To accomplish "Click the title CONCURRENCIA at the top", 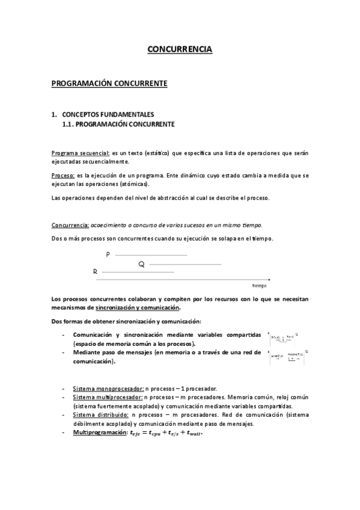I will click(180, 51).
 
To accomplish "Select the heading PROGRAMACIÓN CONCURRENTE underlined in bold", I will click(109, 84).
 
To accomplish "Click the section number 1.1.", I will click(69, 124).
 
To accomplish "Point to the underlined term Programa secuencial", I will click(81, 153).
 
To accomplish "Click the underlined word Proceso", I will click(63, 175).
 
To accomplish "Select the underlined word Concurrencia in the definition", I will click(70, 225).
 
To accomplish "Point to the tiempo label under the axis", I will click(259, 286).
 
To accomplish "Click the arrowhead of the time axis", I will click(269, 280).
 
